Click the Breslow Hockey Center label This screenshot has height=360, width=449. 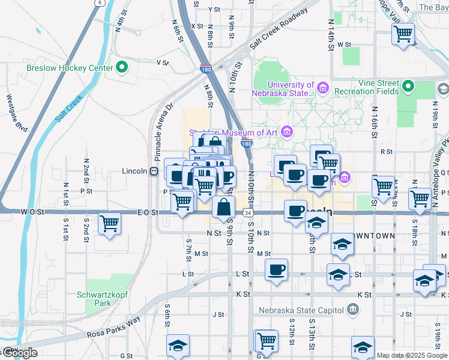[69, 68]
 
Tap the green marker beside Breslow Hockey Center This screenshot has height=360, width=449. [122, 67]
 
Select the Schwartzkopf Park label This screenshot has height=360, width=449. [103, 299]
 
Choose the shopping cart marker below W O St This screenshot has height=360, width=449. [110, 224]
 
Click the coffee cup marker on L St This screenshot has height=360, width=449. [276, 269]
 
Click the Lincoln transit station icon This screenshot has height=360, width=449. [154, 171]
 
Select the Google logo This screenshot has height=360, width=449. [19, 353]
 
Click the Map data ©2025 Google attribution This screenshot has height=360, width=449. [411, 355]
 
